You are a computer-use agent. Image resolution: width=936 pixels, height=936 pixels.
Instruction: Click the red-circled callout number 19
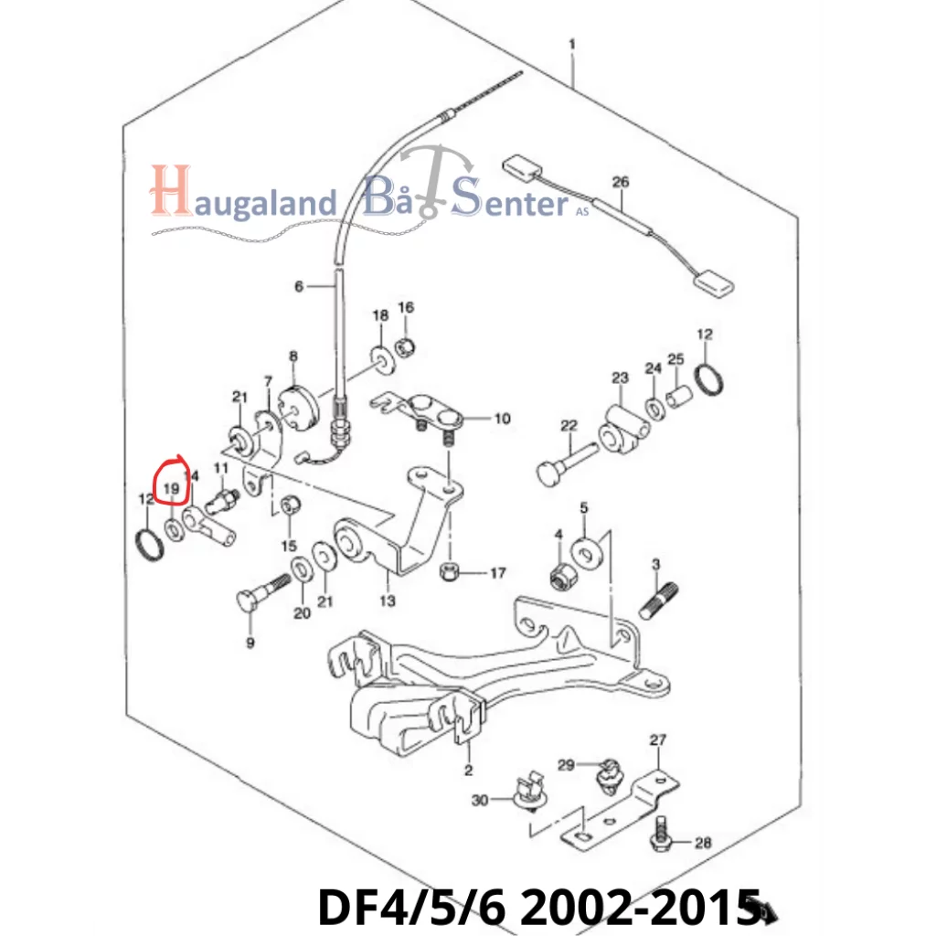(171, 489)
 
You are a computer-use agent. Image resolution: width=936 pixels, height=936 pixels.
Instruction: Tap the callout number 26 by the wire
(621, 182)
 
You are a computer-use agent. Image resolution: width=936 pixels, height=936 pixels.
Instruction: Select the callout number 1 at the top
(572, 44)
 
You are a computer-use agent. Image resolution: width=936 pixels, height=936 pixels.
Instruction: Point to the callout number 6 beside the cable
(299, 286)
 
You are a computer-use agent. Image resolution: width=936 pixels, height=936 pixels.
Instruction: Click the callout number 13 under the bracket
(388, 601)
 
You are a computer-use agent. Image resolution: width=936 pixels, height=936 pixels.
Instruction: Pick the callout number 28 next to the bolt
(703, 842)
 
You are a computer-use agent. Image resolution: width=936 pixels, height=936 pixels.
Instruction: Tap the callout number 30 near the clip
(480, 800)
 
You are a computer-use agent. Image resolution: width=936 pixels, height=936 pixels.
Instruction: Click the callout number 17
(498, 573)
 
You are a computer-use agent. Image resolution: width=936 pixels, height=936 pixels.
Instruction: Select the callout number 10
(502, 419)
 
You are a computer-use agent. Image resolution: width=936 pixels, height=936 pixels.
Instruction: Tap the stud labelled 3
(659, 600)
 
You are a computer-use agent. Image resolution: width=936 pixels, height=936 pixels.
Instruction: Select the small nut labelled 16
(406, 345)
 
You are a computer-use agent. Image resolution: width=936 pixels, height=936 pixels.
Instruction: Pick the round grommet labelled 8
(299, 407)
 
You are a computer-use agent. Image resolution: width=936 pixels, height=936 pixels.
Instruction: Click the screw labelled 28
(660, 832)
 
